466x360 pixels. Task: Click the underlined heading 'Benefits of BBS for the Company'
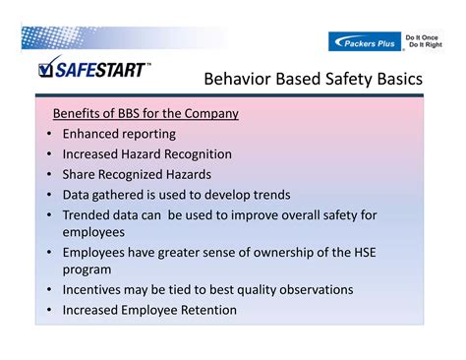(x=146, y=113)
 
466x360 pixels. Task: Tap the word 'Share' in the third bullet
(x=81, y=174)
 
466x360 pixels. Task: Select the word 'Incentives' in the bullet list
(x=96, y=290)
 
